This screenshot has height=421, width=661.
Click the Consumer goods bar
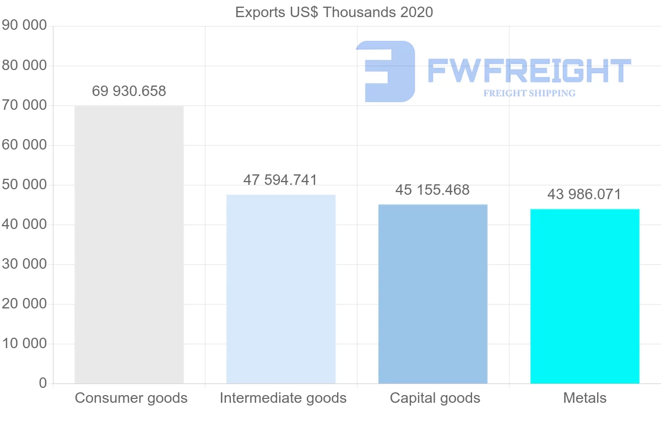tap(129, 244)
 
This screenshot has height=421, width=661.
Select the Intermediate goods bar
tap(281, 289)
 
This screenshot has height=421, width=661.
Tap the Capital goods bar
tap(433, 294)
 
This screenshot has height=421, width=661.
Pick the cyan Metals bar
tap(584, 296)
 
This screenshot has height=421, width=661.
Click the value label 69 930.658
tap(129, 91)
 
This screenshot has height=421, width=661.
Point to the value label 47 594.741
tap(280, 180)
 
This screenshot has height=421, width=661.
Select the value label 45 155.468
tap(432, 190)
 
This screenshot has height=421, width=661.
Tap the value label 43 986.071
tap(584, 194)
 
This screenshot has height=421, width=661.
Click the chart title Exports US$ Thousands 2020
tap(334, 12)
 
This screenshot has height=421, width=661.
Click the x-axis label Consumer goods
tap(131, 398)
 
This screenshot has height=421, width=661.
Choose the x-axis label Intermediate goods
tap(283, 398)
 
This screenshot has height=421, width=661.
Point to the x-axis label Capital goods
tap(435, 398)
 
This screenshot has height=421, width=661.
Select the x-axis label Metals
tap(584, 398)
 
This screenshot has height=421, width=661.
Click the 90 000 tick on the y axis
tap(24, 25)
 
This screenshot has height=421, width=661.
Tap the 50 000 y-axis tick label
tap(24, 184)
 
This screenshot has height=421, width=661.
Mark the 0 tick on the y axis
tap(43, 383)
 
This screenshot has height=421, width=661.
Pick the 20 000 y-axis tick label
tap(24, 303)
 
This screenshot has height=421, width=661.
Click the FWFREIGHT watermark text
tap(529, 71)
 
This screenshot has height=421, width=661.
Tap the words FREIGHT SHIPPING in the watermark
tap(529, 93)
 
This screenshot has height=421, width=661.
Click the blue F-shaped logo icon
tap(386, 71)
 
